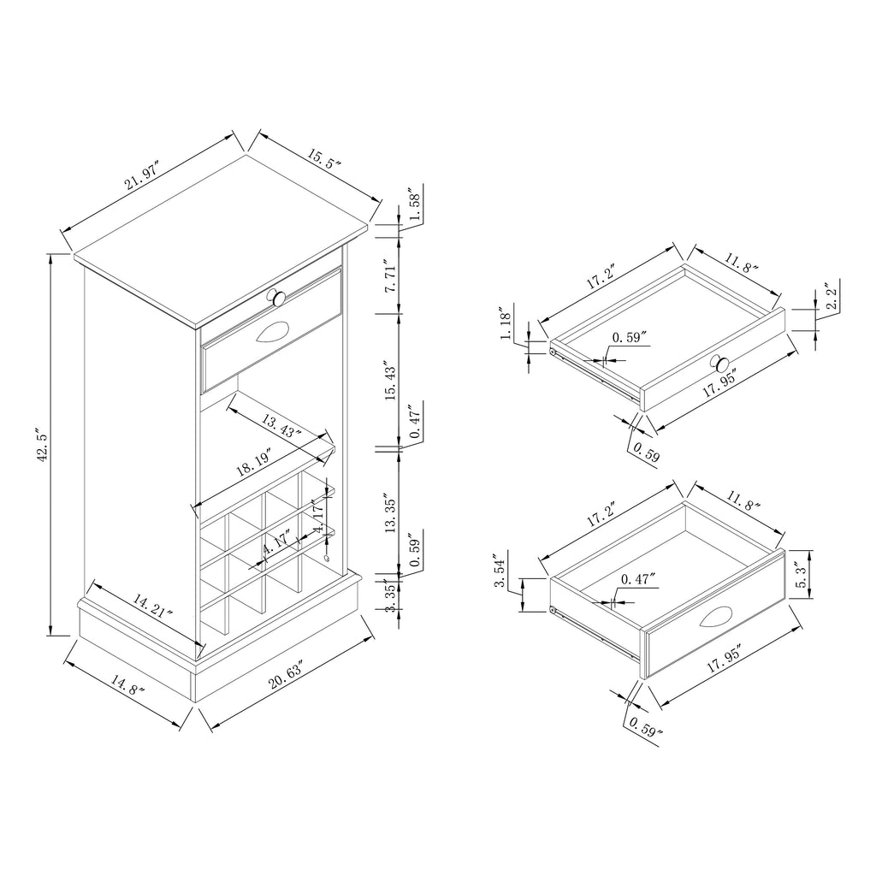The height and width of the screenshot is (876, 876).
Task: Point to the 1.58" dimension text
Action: pyautogui.click(x=415, y=207)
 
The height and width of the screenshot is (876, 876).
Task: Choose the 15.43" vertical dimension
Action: pyautogui.click(x=390, y=380)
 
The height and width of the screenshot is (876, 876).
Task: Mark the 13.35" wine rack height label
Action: pyautogui.click(x=390, y=513)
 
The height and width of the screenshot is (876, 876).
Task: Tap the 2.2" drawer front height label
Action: pyautogui.click(x=832, y=299)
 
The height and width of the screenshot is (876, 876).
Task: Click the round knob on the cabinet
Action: pyautogui.click(x=276, y=297)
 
